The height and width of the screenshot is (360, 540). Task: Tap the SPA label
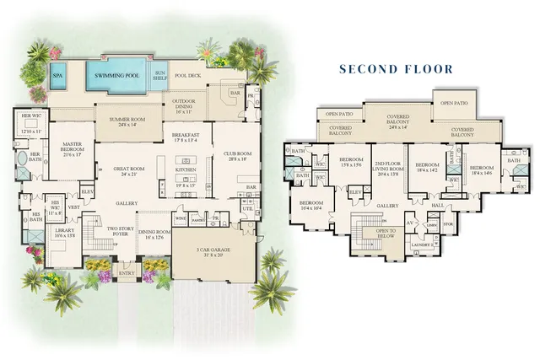[x=58, y=75]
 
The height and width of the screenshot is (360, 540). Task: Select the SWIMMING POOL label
[x=116, y=76]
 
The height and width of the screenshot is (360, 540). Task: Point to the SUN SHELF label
[x=160, y=76]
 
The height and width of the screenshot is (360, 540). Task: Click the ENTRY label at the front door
[x=127, y=272]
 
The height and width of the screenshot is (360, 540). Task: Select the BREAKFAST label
[x=185, y=137]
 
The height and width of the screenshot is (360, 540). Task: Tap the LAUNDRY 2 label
[x=409, y=245]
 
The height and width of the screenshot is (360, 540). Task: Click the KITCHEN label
[x=186, y=169]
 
